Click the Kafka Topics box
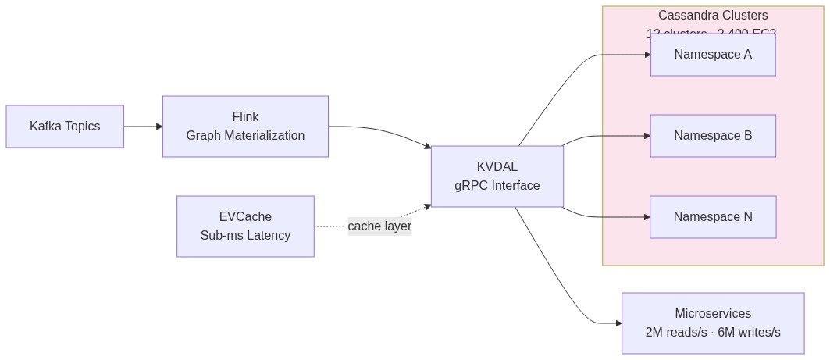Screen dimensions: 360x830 click(x=65, y=127)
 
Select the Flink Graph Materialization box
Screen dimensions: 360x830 click(x=245, y=127)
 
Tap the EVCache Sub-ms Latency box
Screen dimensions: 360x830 click(x=245, y=226)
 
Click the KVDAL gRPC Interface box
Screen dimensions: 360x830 click(x=497, y=176)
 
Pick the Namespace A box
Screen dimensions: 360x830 click(x=713, y=55)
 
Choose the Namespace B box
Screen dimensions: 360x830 click(x=713, y=136)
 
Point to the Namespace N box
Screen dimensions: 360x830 click(x=713, y=217)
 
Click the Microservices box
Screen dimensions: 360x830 click(x=713, y=323)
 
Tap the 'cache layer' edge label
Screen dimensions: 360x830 click(x=379, y=226)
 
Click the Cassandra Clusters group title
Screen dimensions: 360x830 click(x=713, y=16)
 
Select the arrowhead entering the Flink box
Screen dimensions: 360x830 click(x=159, y=127)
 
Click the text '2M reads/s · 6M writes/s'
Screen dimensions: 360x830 click(x=713, y=333)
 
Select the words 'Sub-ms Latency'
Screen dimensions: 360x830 click(x=245, y=236)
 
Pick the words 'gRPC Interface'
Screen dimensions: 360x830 click(x=497, y=186)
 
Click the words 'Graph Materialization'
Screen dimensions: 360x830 click(x=245, y=136)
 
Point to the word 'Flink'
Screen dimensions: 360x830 click(x=245, y=117)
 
